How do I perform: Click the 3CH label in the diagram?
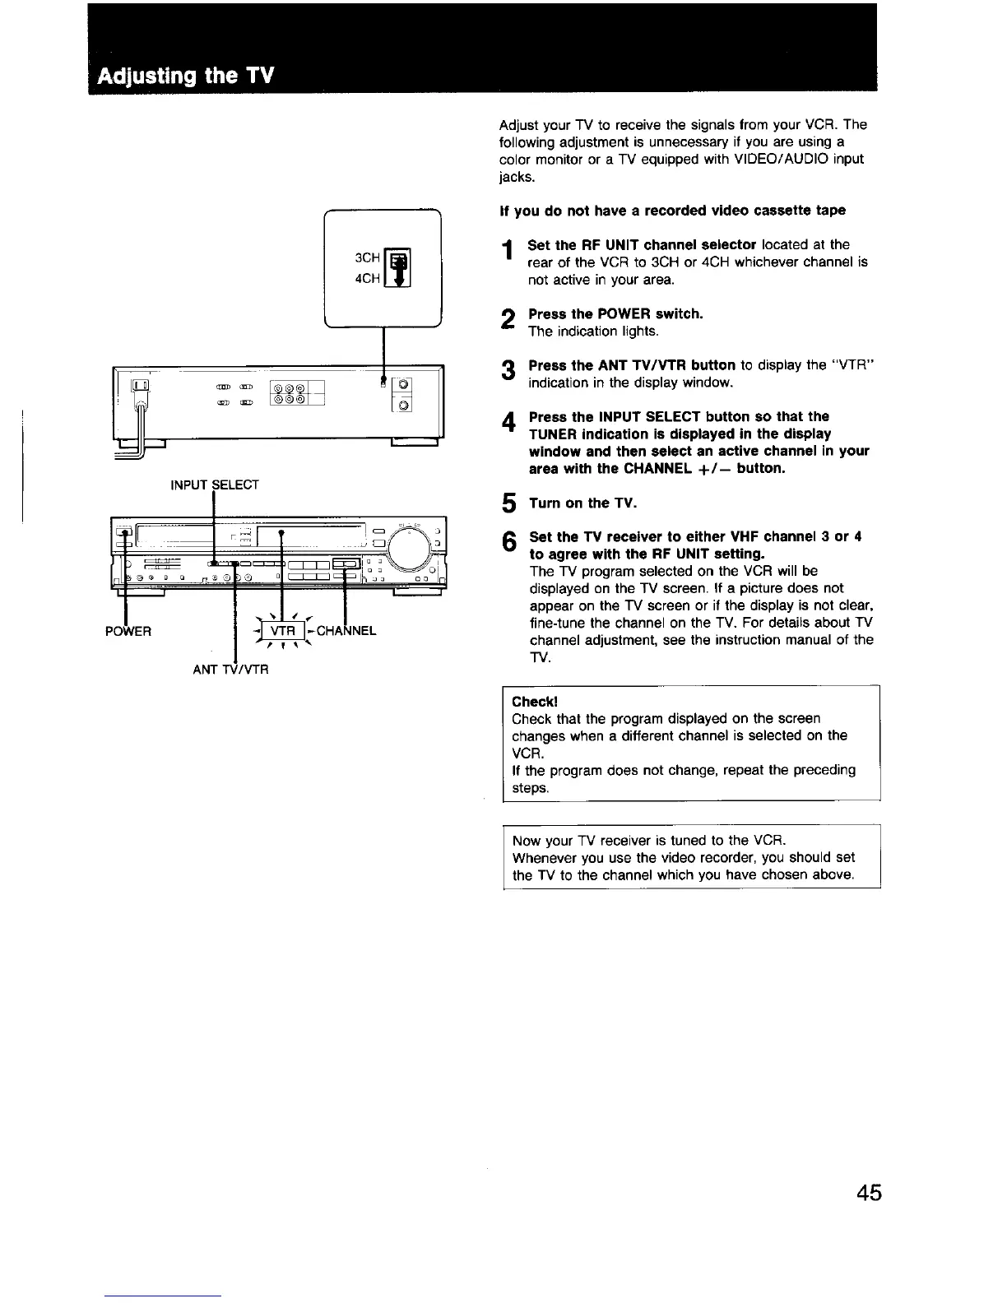367,257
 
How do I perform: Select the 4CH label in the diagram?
367,278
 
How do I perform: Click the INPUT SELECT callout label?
214,485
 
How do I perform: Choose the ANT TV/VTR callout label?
230,669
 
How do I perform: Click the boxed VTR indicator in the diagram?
282,631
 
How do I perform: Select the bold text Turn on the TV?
582,503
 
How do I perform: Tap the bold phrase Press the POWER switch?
615,313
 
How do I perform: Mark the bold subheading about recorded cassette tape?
672,210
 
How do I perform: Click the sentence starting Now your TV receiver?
649,840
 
